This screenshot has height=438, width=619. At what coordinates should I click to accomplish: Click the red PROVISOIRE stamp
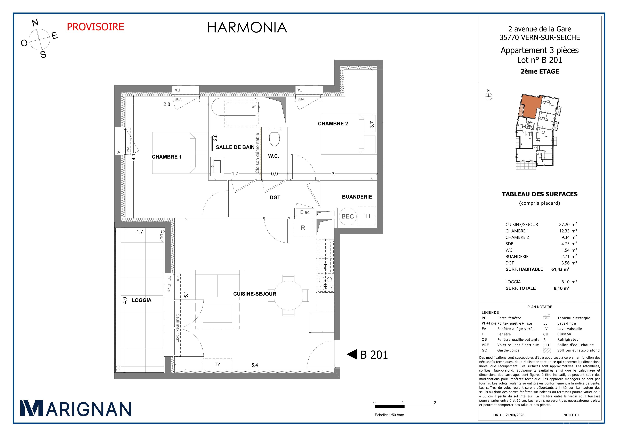[95, 27]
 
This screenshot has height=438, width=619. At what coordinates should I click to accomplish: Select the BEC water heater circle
[348, 216]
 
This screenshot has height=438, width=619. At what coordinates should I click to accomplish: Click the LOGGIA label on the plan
[142, 300]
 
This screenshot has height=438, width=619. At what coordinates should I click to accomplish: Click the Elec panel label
[305, 212]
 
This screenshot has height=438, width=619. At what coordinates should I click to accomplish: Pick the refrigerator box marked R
[303, 228]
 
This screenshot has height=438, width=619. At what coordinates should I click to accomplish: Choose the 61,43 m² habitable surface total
[560, 269]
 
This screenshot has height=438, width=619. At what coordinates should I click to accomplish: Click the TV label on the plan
[218, 364]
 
